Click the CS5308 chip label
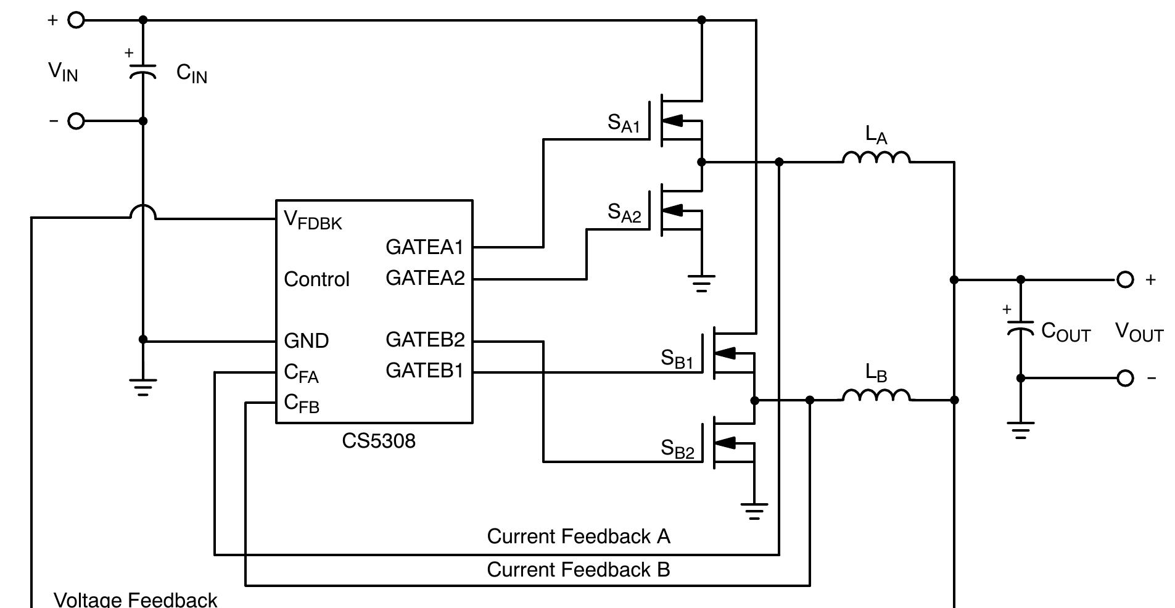coord(378,441)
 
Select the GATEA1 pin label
coord(424,247)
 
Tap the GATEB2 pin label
coord(425,340)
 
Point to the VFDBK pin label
coord(313,220)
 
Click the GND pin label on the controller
coord(306,340)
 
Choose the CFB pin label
coord(302,403)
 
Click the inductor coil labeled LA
coord(876,158)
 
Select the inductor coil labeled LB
coord(876,395)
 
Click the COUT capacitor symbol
coord(1020,328)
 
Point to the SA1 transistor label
coord(624,123)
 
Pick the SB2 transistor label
coord(677,449)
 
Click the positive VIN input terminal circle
coord(76,20)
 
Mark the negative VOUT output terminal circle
coord(1125,378)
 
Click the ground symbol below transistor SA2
coord(701,283)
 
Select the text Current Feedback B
coord(578,570)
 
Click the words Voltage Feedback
coord(136,599)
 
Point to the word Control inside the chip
coord(316,279)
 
